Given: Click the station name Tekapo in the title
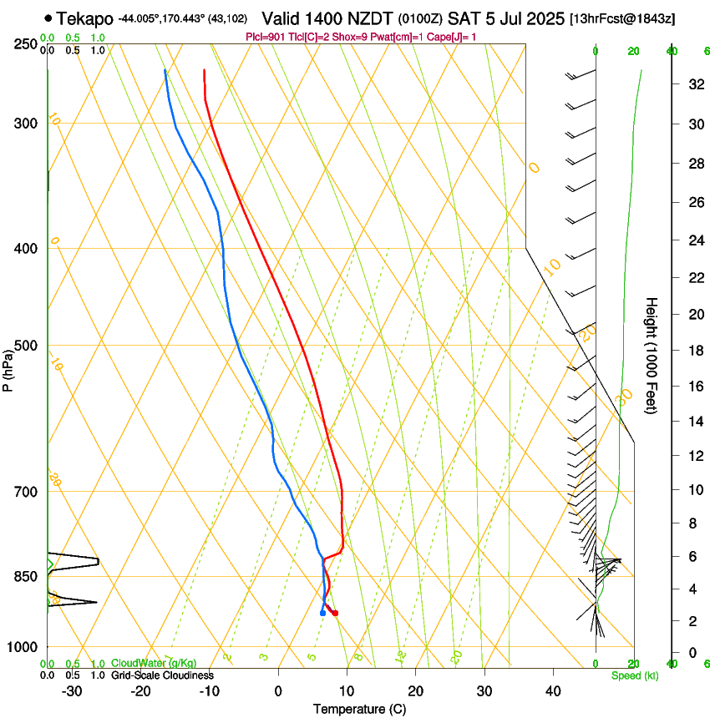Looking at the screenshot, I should pyautogui.click(x=86, y=18).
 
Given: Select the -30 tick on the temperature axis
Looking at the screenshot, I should pyautogui.click(x=73, y=691).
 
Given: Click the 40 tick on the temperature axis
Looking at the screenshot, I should pyautogui.click(x=552, y=691).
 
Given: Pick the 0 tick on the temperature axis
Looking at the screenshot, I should pyautogui.click(x=278, y=691).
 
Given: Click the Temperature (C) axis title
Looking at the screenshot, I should pyautogui.click(x=359, y=709).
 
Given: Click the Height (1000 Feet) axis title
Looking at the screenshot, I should pyautogui.click(x=652, y=355).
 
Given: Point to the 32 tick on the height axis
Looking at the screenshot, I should pyautogui.click(x=695, y=84).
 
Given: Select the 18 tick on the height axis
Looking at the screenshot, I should pyautogui.click(x=695, y=351).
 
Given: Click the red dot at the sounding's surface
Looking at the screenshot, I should pyautogui.click(x=335, y=614).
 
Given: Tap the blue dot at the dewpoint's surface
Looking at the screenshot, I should pyautogui.click(x=322, y=614).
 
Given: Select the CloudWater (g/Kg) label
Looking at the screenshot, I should pyautogui.click(x=154, y=663).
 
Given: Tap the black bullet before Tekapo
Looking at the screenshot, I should pyautogui.click(x=48, y=18).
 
